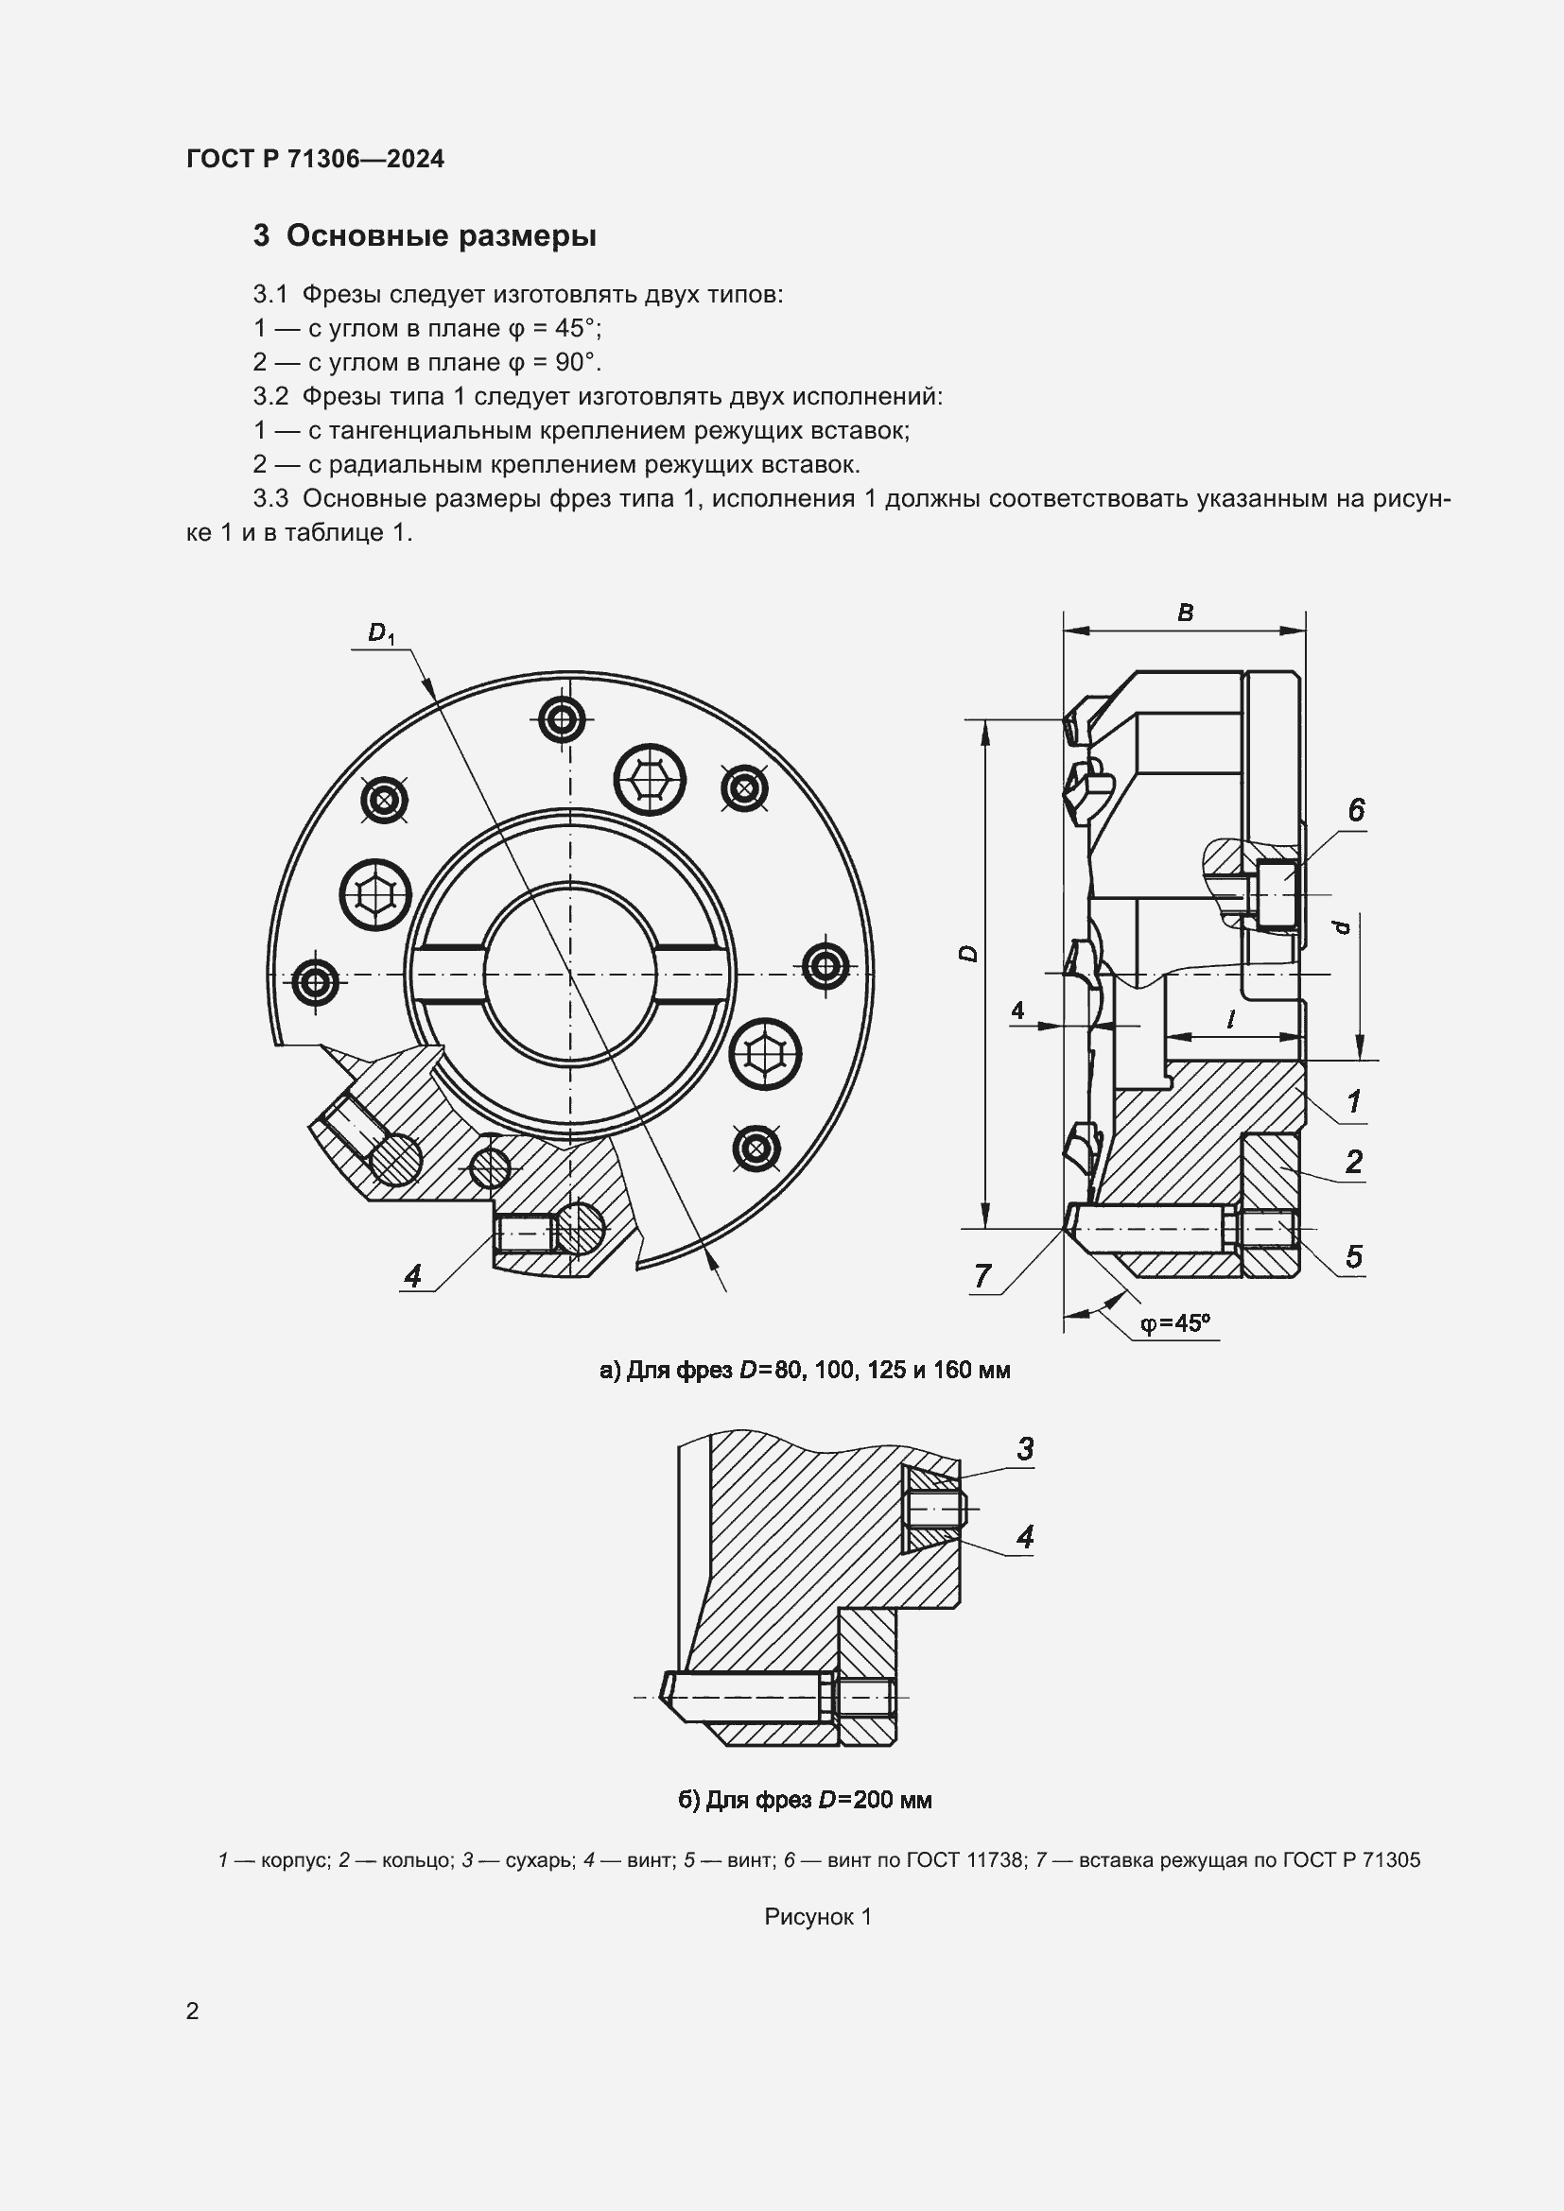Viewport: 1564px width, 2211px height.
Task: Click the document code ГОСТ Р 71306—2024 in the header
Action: click(315, 159)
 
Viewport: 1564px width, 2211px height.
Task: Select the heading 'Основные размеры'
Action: click(441, 236)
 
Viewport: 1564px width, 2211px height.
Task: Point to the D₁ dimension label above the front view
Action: click(380, 632)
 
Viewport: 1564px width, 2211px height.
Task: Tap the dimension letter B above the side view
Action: click(1186, 613)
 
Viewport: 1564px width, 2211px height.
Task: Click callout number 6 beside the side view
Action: click(1356, 810)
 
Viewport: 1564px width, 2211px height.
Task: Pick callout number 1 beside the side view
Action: click(1353, 1100)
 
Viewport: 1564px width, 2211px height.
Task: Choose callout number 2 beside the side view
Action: click(1353, 1162)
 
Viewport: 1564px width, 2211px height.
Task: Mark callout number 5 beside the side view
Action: click(1353, 1256)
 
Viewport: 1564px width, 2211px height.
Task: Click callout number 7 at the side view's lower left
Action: click(982, 1275)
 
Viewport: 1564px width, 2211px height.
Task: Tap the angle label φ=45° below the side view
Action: click(1175, 1323)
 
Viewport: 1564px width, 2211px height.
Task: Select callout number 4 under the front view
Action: click(413, 1275)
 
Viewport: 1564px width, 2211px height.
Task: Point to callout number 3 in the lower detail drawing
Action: click(1025, 1447)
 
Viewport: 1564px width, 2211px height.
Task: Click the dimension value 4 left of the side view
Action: click(1017, 1010)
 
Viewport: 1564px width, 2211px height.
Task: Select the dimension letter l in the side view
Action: click(1231, 1020)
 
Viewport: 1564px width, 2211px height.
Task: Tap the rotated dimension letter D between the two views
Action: click(969, 954)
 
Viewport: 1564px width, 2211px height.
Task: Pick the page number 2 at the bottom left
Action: click(193, 2011)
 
